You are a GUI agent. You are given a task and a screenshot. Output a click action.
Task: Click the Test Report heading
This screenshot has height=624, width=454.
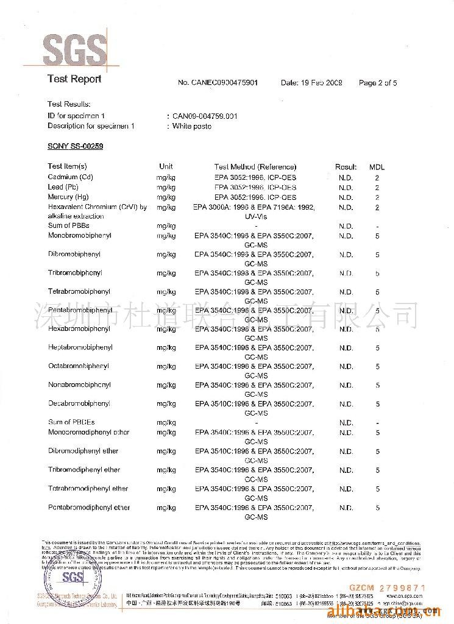pyautogui.click(x=74, y=79)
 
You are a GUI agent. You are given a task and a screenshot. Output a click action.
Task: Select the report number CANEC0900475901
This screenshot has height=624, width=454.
pyautogui.click(x=218, y=83)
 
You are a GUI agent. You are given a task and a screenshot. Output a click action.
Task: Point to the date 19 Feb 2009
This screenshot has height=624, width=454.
pyautogui.click(x=311, y=83)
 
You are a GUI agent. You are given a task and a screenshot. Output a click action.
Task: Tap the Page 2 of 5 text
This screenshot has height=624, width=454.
pyautogui.click(x=378, y=83)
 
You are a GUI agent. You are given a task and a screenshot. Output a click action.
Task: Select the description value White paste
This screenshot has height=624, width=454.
pyautogui.click(x=191, y=126)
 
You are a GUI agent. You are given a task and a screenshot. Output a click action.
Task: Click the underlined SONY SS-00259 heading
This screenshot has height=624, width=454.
pyautogui.click(x=76, y=146)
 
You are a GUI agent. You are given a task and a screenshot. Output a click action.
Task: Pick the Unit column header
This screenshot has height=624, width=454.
pyautogui.click(x=166, y=166)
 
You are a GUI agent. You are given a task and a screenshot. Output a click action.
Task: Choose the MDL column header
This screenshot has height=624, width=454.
pyautogui.click(x=377, y=167)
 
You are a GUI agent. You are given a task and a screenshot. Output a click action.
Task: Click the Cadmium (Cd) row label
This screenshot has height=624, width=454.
pyautogui.click(x=70, y=177)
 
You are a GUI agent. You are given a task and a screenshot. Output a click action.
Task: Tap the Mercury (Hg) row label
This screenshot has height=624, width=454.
pyautogui.click(x=68, y=197)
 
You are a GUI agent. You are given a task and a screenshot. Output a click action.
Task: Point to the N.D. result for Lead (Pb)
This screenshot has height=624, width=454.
pyautogui.click(x=346, y=188)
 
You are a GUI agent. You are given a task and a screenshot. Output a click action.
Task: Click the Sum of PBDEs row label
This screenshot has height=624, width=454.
pyautogui.click(x=71, y=422)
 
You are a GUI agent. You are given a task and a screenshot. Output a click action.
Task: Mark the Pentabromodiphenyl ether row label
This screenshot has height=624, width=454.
pyautogui.click(x=89, y=507)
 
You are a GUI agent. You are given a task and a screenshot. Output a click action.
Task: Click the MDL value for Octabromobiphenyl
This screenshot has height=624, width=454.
pyautogui.click(x=378, y=367)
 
